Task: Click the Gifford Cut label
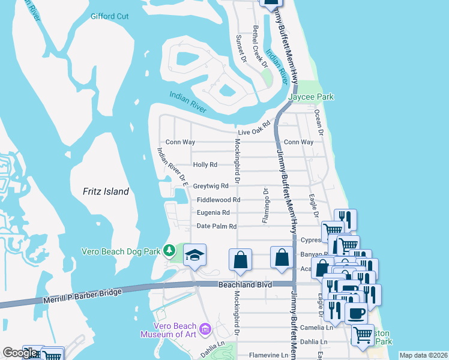tap(110, 16)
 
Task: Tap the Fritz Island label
tap(106, 191)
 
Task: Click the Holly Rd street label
tap(205, 164)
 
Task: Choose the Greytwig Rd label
tap(211, 187)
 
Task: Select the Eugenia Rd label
tap(213, 213)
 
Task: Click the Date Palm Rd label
tap(217, 226)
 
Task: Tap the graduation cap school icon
tap(194, 255)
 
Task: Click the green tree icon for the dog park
tap(170, 249)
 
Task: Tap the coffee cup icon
tap(356, 313)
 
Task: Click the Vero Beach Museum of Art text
tap(168, 329)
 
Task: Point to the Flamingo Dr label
tap(265, 206)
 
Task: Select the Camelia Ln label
tap(320, 328)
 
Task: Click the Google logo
tap(19, 353)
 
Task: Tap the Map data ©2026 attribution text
tap(423, 355)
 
